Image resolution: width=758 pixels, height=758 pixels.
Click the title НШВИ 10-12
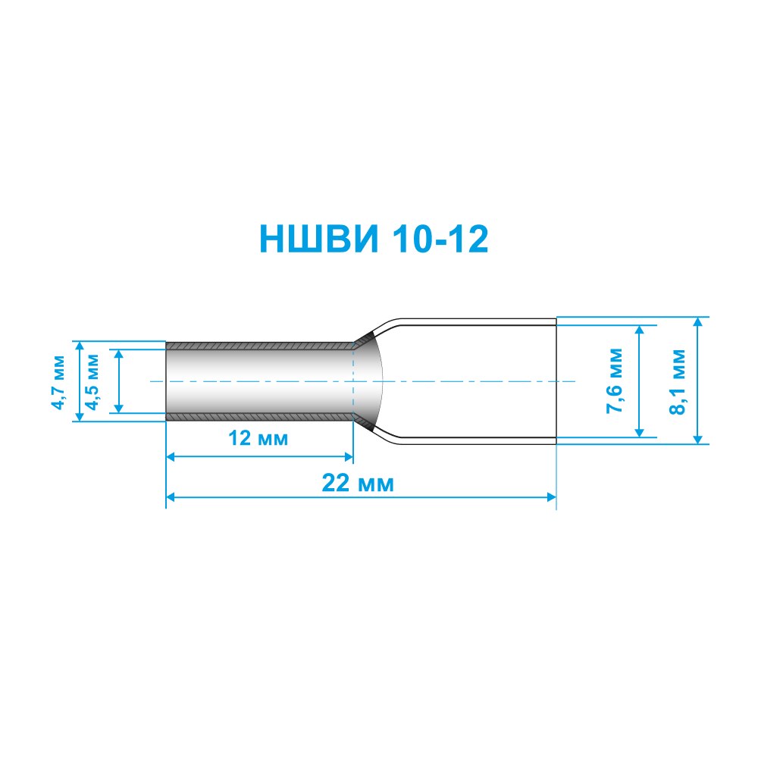(x=374, y=239)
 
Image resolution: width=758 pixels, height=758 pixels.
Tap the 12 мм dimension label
(x=258, y=438)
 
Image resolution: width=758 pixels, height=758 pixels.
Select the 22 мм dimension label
(x=359, y=483)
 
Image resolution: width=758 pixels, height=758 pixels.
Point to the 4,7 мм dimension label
(x=58, y=382)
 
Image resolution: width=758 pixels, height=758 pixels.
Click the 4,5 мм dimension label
(x=92, y=382)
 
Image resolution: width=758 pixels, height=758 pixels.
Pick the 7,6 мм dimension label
(x=615, y=381)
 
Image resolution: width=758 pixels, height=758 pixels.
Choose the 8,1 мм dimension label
(x=677, y=382)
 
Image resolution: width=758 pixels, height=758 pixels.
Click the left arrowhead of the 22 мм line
(x=170, y=497)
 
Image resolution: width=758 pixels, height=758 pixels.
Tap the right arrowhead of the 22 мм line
(x=552, y=497)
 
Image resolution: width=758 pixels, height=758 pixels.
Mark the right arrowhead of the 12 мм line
(x=349, y=457)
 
